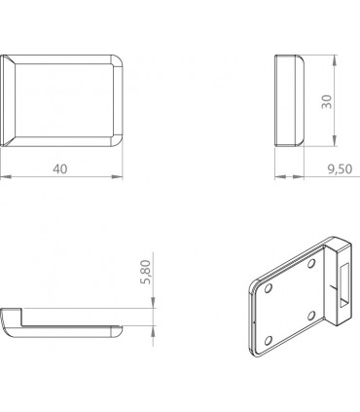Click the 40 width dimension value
point(60,169)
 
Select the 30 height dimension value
point(326,100)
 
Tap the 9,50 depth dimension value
point(339,169)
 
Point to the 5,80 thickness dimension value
point(146,273)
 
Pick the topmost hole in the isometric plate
point(311,262)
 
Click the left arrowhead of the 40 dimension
point(4,176)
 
